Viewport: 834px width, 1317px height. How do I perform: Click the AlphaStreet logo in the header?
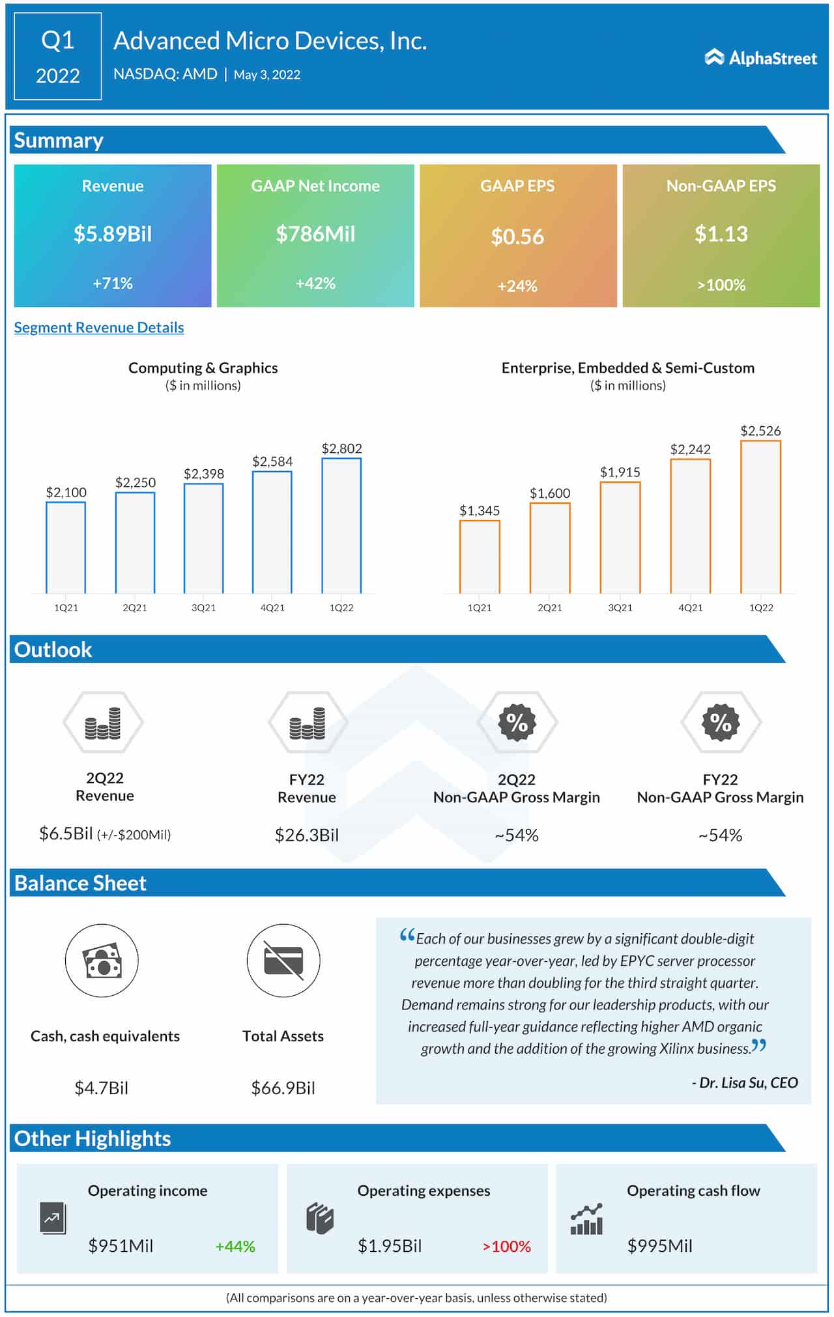tap(760, 58)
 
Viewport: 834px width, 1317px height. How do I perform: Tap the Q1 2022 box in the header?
tap(57, 57)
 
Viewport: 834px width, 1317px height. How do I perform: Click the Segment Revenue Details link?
tap(99, 327)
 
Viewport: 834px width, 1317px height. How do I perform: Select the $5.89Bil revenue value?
tap(113, 233)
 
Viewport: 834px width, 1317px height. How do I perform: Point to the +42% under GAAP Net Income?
tap(315, 283)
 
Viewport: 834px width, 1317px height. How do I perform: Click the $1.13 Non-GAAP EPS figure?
tap(721, 233)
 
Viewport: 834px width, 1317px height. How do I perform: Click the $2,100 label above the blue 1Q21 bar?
tap(66, 492)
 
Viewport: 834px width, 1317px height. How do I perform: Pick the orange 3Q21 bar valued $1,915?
tap(620, 538)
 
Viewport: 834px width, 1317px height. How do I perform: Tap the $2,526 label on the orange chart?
tap(760, 430)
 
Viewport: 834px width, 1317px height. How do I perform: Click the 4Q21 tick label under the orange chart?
tap(691, 607)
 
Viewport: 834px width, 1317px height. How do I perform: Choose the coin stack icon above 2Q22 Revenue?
tap(103, 723)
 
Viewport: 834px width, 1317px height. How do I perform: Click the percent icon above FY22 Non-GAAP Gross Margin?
tap(721, 722)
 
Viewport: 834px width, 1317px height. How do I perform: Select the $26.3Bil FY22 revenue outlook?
tap(307, 835)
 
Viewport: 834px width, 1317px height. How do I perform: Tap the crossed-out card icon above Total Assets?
tap(283, 960)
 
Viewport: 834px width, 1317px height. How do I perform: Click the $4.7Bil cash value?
tap(101, 1087)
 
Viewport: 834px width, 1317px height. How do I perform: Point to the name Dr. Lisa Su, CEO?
tap(745, 1082)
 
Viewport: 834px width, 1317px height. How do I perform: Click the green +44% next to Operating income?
tap(235, 1246)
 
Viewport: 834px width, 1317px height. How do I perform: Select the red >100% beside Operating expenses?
tap(506, 1246)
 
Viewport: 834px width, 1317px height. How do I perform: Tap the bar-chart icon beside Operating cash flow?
tap(586, 1219)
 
